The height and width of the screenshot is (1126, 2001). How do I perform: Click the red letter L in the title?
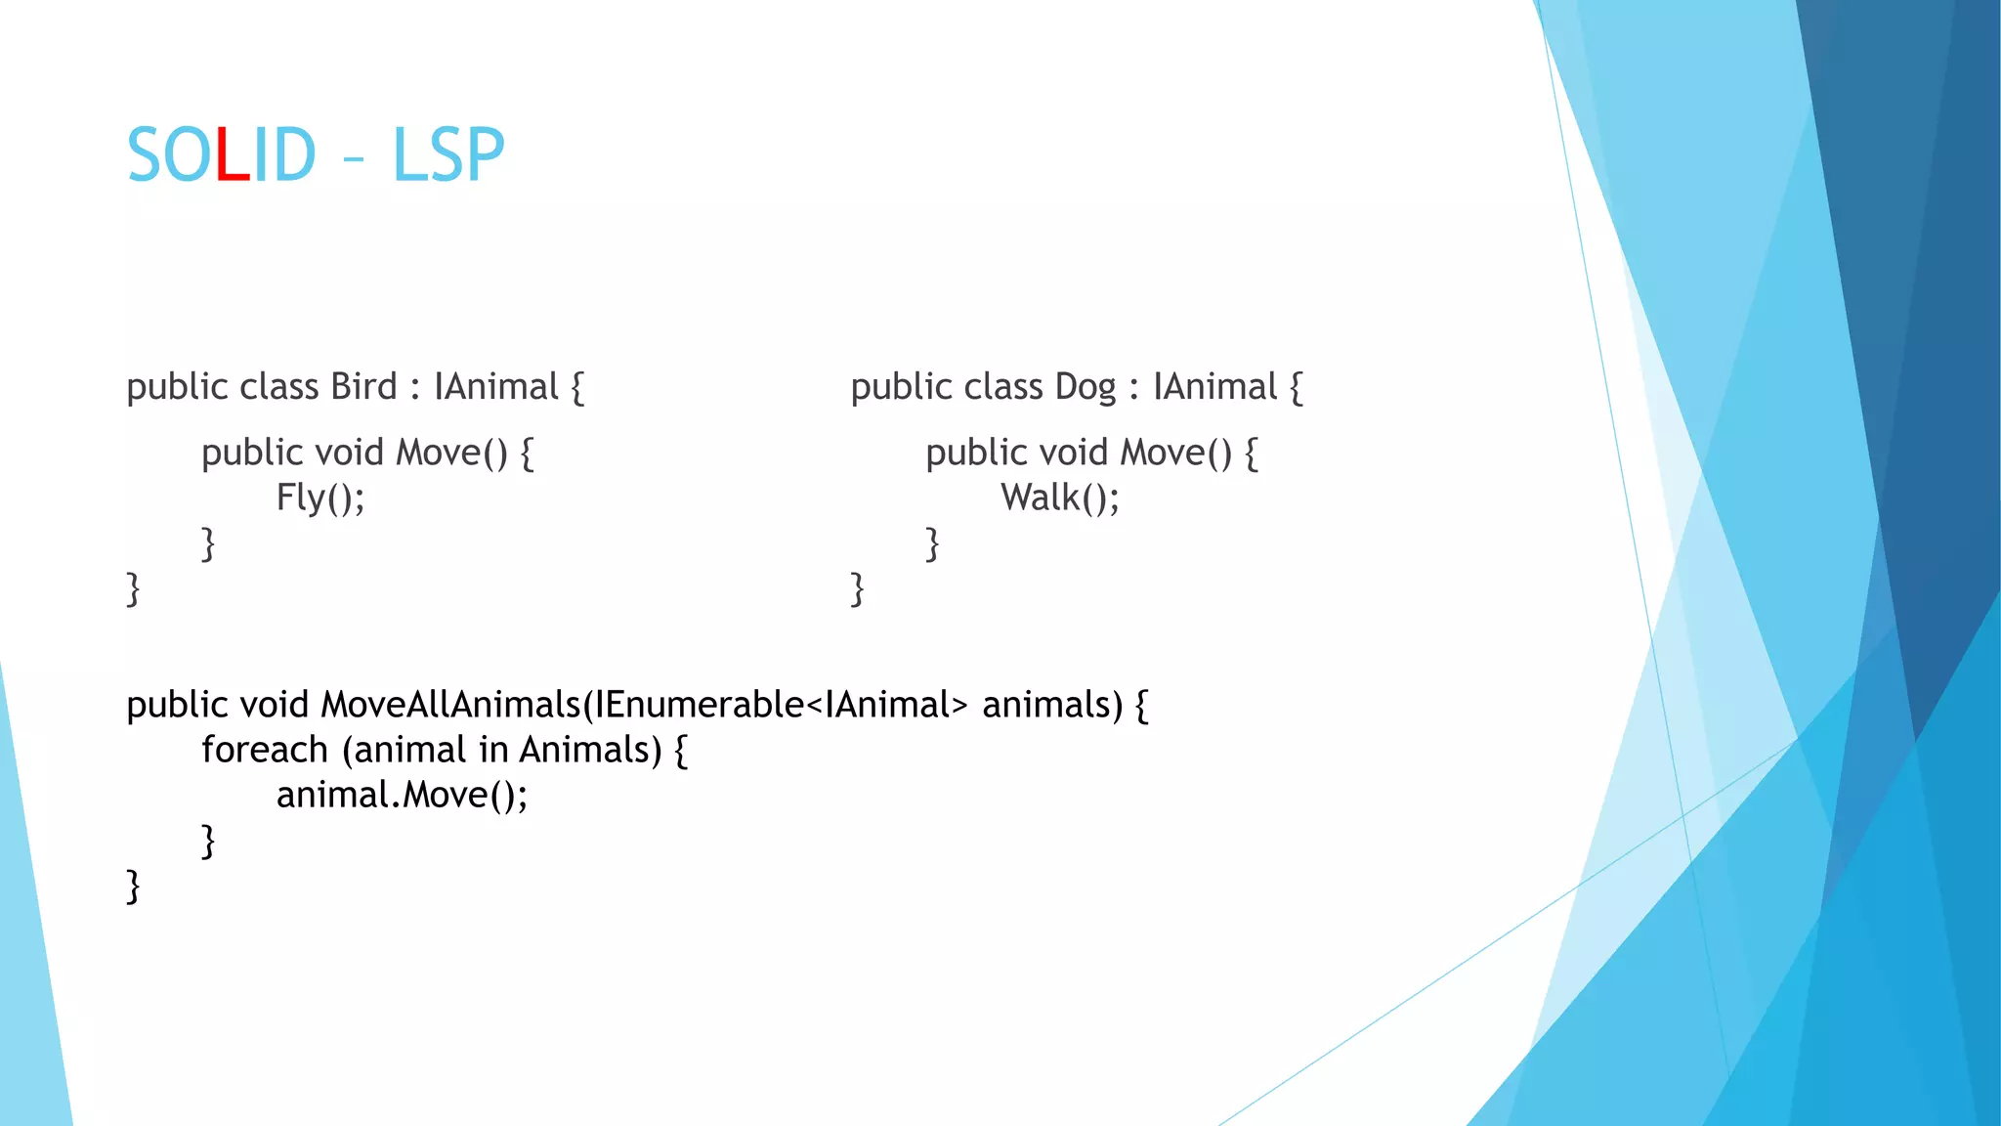point(232,155)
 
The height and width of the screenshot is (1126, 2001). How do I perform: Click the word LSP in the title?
point(447,155)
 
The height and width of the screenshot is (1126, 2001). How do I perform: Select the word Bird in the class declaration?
point(363,387)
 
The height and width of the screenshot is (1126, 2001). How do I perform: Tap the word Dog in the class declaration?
point(1085,387)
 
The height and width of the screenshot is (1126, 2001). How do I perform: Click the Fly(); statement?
point(320,498)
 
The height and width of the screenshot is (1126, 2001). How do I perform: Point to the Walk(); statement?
point(1060,498)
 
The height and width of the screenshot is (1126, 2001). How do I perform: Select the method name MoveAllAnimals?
point(450,705)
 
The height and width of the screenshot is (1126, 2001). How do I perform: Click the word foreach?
point(265,750)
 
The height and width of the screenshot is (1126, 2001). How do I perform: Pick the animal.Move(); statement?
point(402,795)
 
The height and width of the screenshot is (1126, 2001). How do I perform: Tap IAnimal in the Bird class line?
point(495,387)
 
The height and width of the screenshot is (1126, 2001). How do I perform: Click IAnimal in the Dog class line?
point(1214,387)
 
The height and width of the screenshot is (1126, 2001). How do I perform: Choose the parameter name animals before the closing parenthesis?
point(1051,705)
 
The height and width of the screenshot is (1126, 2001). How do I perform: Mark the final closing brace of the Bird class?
point(133,589)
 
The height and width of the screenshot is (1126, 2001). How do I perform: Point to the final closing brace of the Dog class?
point(857,589)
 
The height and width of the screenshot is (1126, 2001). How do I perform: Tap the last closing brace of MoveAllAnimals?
point(133,887)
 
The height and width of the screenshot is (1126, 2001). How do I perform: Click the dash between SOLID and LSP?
point(354,159)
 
